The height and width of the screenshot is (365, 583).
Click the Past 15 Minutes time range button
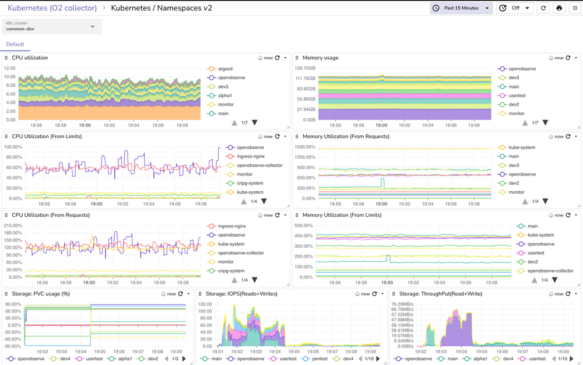tap(461, 8)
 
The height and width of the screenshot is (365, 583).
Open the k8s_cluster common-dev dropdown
tap(52, 26)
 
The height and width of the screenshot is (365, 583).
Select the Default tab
tap(15, 44)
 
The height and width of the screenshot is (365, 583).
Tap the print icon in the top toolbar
tap(559, 8)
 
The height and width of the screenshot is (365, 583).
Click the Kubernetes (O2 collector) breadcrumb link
tap(52, 8)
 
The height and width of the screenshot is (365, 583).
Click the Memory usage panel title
tap(320, 58)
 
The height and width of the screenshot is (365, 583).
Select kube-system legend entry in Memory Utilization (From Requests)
tap(522, 148)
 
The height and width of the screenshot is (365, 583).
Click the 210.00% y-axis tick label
tap(15, 226)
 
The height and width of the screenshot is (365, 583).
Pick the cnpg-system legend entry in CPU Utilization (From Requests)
tap(231, 271)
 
